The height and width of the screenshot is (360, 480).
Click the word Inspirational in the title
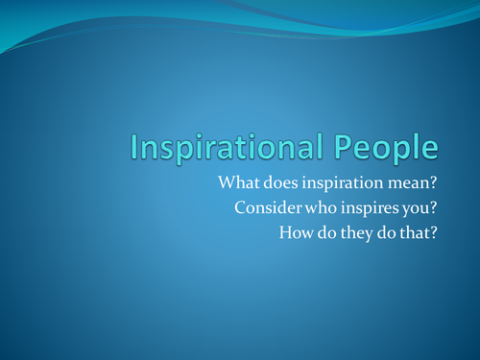tap(233, 148)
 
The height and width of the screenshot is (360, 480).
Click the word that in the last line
tap(418, 231)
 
